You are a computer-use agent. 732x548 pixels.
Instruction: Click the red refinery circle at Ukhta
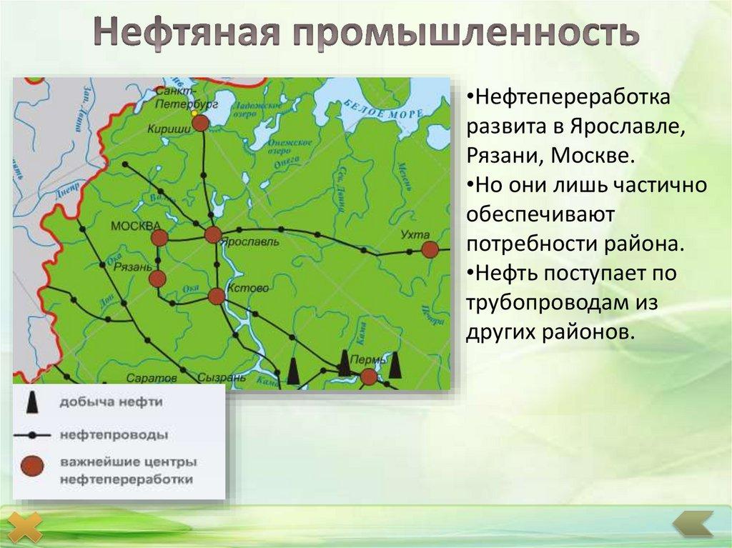pos(430,249)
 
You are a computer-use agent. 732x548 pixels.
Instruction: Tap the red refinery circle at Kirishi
pos(201,123)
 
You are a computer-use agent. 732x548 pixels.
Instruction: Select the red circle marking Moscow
pos(160,238)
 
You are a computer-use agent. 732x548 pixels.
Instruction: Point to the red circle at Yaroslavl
pos(213,235)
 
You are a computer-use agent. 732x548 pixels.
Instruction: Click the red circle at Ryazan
pos(157,279)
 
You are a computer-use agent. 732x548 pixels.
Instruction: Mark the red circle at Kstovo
pos(217,296)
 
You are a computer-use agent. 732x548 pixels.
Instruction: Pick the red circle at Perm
pos(369,377)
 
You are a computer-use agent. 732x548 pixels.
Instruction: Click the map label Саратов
pos(151,377)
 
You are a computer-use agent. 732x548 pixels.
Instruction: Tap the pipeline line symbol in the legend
pos(31,434)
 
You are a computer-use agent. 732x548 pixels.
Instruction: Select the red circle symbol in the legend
pos(32,467)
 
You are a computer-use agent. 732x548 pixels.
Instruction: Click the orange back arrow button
pos(693,525)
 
